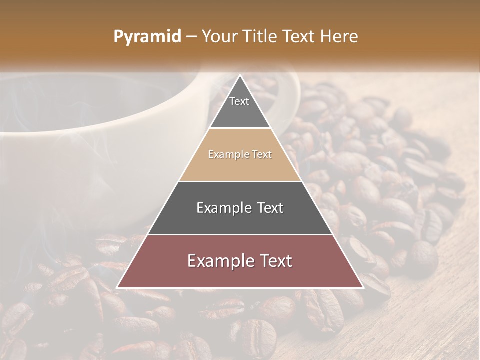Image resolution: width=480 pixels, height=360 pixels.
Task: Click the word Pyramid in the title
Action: pos(147,37)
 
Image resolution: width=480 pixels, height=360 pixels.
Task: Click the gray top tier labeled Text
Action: pos(239,107)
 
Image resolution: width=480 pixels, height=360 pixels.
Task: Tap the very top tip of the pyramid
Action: pos(240,76)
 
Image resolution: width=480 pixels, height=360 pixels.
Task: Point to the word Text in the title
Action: pos(299,37)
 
